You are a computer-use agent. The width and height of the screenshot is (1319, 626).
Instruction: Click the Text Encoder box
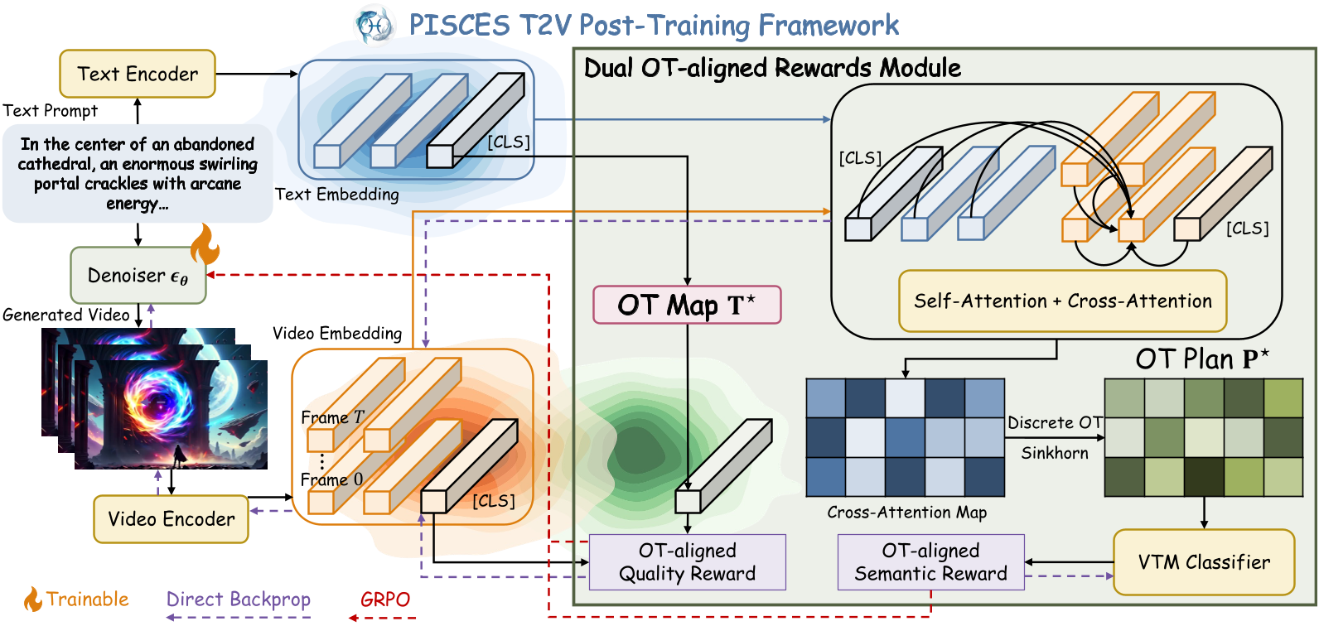pyautogui.click(x=138, y=74)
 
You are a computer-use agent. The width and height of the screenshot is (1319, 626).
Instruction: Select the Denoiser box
pyautogui.click(x=138, y=275)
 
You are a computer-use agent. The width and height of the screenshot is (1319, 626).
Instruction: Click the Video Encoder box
pyautogui.click(x=171, y=519)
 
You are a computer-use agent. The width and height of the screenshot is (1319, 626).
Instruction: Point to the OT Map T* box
pyautogui.click(x=687, y=305)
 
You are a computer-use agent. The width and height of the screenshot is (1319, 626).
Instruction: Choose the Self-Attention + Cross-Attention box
pyautogui.click(x=1062, y=301)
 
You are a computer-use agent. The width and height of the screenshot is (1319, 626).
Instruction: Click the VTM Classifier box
pyautogui.click(x=1203, y=562)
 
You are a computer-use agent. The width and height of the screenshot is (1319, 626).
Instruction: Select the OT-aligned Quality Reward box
pyautogui.click(x=687, y=562)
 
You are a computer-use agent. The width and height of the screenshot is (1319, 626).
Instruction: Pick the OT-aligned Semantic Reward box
pyautogui.click(x=930, y=562)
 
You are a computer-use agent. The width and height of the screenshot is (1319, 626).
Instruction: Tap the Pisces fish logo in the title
pyautogui.click(x=374, y=25)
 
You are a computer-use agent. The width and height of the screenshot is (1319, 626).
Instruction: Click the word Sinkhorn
pyautogui.click(x=1054, y=453)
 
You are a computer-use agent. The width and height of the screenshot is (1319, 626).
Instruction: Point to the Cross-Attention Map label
pyautogui.click(x=906, y=513)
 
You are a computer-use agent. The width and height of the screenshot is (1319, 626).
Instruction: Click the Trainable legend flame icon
pyautogui.click(x=32, y=600)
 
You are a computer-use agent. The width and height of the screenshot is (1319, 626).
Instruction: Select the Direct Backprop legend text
pyautogui.click(x=239, y=599)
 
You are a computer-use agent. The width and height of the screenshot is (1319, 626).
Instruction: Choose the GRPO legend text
pyautogui.click(x=385, y=599)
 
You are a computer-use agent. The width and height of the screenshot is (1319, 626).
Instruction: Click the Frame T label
pyautogui.click(x=332, y=417)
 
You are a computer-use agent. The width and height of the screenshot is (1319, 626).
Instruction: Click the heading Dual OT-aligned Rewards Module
pyautogui.click(x=772, y=68)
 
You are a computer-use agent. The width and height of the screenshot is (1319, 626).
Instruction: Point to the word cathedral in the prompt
pyautogui.click(x=55, y=164)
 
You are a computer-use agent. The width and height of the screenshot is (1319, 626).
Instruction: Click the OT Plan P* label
pyautogui.click(x=1201, y=359)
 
